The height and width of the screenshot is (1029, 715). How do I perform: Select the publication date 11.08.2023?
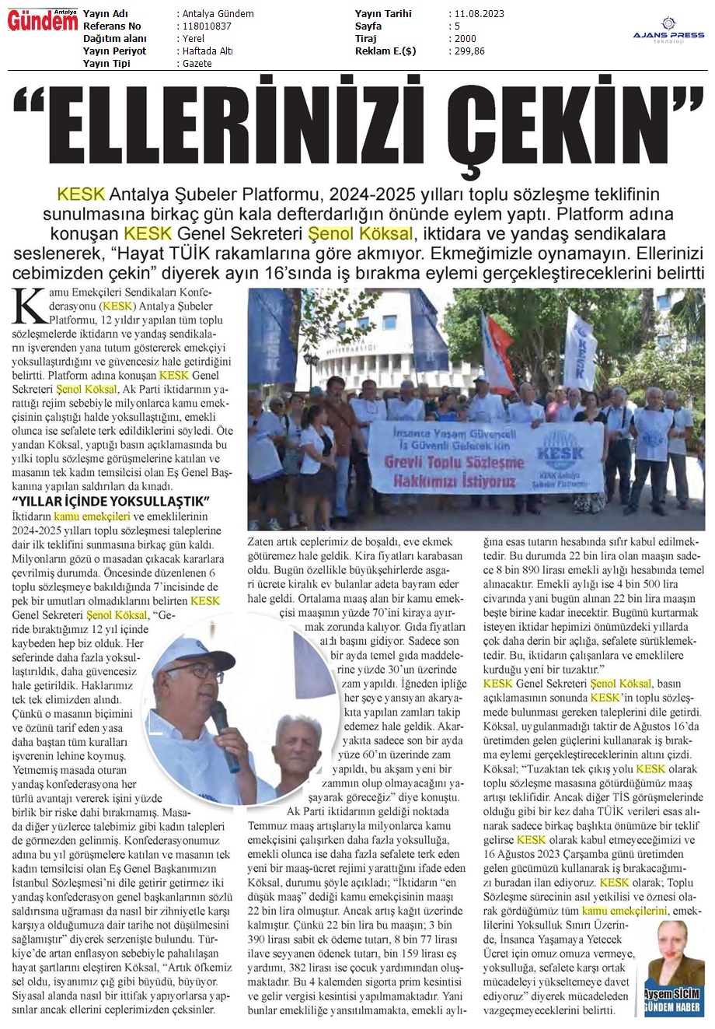pos(476,14)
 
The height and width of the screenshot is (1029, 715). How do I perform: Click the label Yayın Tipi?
pos(108,64)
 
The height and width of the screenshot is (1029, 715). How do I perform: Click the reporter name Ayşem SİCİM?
pos(673,993)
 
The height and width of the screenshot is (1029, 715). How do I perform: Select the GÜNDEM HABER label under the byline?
pos(673,1007)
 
